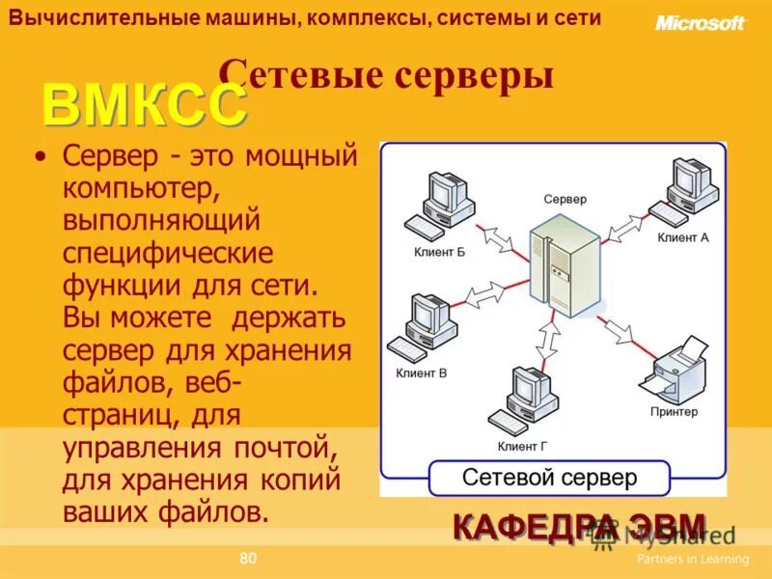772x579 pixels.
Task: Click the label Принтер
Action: tap(674, 411)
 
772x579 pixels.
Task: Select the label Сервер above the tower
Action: tap(565, 199)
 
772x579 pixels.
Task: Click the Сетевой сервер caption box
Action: tap(549, 478)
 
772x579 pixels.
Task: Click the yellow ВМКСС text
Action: tap(144, 105)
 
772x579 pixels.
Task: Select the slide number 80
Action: tap(248, 558)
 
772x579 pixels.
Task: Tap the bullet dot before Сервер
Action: tap(40, 155)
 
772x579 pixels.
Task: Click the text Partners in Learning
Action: tap(692, 559)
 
